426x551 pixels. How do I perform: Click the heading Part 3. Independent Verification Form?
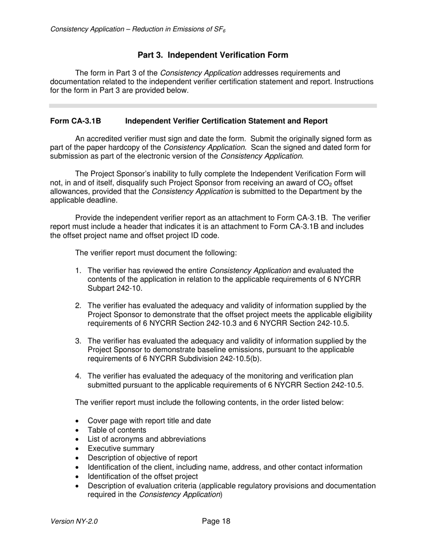[213, 55]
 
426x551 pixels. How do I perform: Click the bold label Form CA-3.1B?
[75, 121]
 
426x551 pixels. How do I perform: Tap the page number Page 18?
[216, 521]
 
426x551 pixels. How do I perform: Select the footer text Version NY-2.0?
[74, 521]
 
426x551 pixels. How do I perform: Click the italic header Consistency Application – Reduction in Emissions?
[138, 30]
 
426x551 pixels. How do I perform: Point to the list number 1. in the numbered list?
[78, 271]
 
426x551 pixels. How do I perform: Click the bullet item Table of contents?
[117, 430]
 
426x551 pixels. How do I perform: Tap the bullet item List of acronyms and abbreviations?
[147, 439]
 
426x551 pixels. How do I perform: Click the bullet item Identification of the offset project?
[143, 476]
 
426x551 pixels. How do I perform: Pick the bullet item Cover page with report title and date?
[149, 421]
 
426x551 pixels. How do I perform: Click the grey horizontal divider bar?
[213, 106]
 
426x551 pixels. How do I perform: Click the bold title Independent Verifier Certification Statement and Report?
[226, 121]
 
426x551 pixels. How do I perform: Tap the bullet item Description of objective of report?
[142, 458]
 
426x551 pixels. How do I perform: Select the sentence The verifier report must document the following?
[156, 253]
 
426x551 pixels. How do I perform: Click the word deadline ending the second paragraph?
[99, 200]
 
